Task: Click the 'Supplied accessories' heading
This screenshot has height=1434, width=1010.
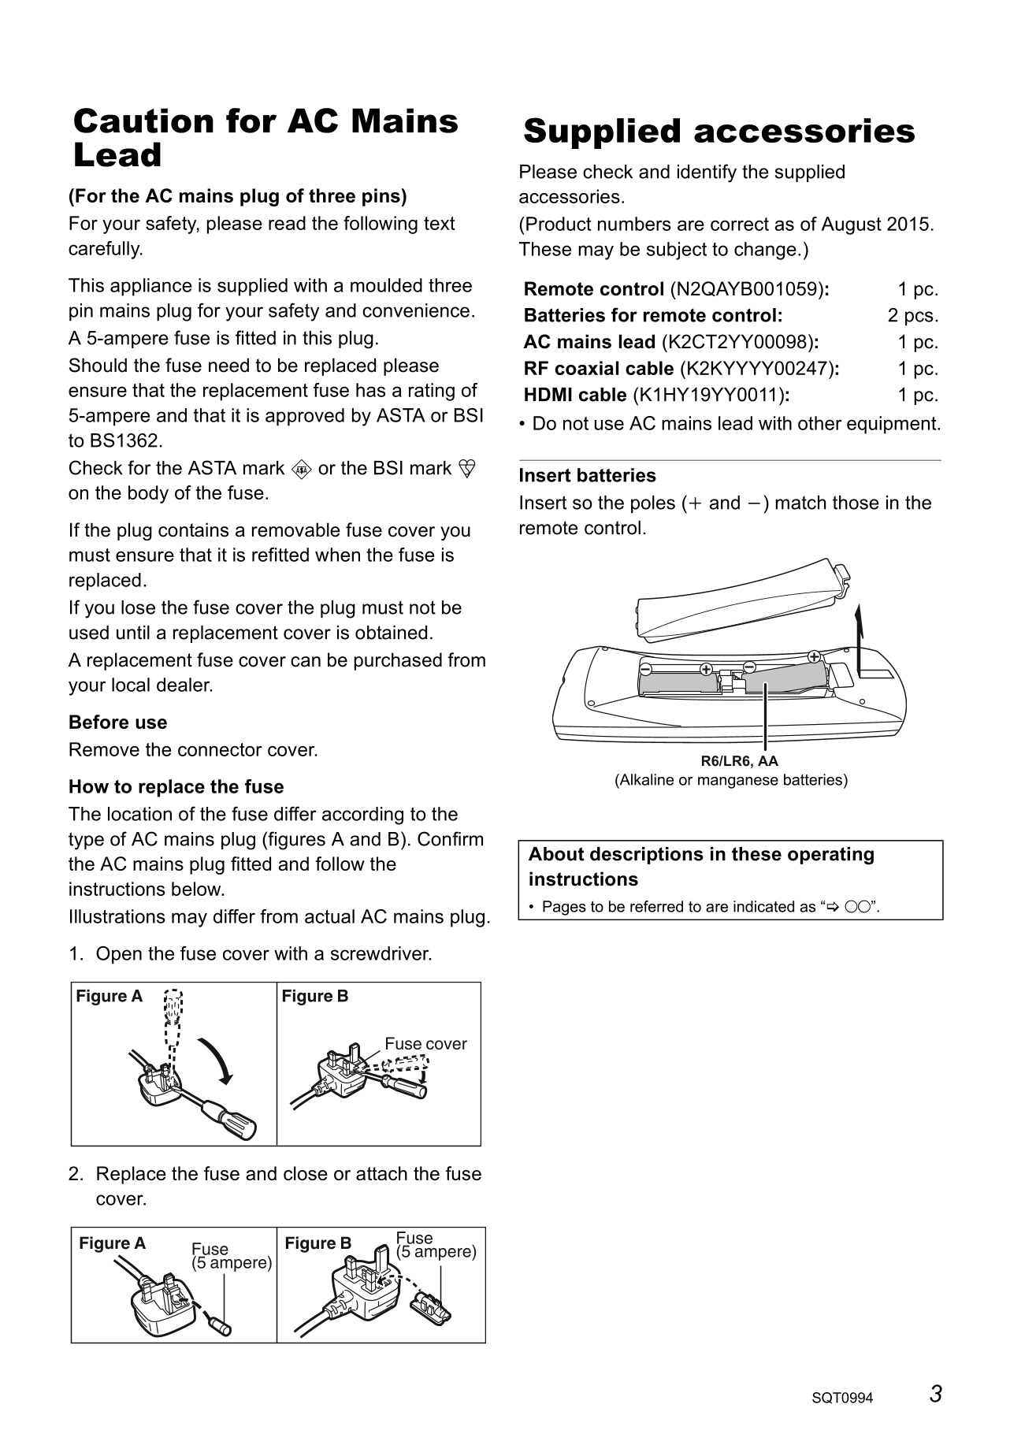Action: tap(719, 132)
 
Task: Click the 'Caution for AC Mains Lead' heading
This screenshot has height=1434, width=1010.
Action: tap(265, 138)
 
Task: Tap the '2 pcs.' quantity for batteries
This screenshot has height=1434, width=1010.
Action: tap(912, 316)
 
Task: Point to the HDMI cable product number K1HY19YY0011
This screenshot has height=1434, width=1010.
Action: tap(709, 395)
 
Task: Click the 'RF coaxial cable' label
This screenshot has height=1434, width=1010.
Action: tap(598, 369)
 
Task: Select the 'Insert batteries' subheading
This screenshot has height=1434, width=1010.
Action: tap(587, 476)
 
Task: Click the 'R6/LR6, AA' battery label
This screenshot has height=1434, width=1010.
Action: tap(739, 761)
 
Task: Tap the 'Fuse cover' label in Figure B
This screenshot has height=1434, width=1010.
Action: tap(425, 1044)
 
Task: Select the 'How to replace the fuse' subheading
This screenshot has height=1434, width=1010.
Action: tap(176, 787)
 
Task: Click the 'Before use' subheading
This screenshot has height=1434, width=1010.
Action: tap(117, 723)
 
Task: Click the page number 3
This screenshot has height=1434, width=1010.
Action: tap(935, 1395)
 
